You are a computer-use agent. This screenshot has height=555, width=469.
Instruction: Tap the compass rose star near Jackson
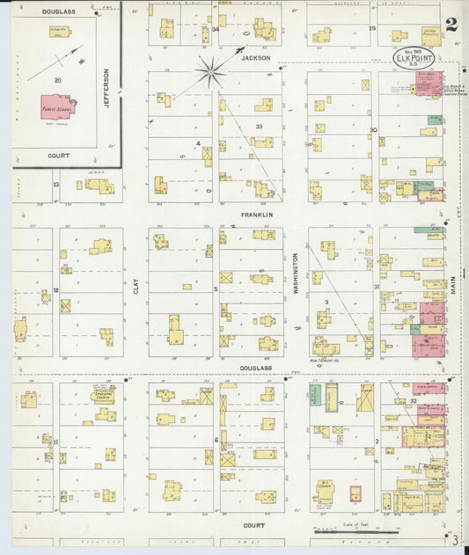(211, 71)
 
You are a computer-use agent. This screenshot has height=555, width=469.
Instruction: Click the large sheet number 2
(451, 24)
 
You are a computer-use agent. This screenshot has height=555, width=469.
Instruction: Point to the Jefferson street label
(107, 88)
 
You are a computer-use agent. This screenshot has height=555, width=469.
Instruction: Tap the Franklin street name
(258, 214)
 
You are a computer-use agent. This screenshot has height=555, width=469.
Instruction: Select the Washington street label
(296, 274)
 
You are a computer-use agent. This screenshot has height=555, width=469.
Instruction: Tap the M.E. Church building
(324, 491)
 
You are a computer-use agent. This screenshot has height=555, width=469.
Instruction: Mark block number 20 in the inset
(58, 80)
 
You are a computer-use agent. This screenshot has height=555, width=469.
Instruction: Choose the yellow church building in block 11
(104, 395)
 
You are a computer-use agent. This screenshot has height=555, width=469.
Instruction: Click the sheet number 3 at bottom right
(455, 538)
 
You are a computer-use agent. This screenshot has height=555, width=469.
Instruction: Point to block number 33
(259, 127)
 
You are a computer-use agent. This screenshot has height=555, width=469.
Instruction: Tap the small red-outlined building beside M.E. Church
(355, 493)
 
